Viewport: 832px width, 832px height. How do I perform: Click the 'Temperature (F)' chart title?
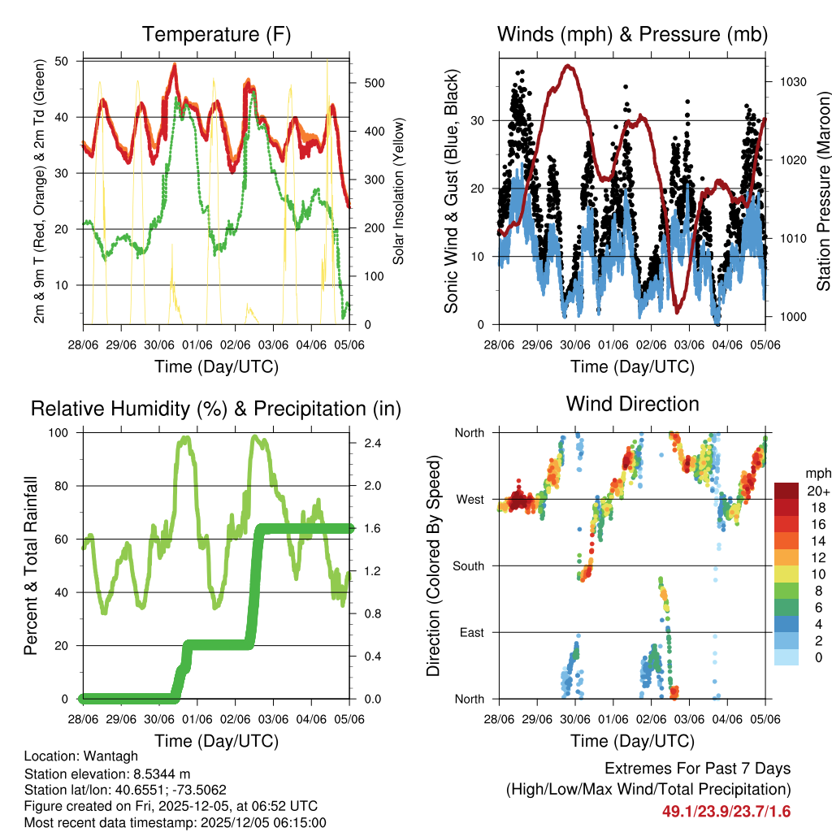[215, 34]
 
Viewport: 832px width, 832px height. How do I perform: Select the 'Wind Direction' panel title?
[632, 404]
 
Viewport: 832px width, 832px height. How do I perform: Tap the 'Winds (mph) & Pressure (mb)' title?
[632, 34]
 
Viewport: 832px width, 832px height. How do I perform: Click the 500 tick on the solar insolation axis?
[375, 83]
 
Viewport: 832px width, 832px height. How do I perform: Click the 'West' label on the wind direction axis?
[470, 500]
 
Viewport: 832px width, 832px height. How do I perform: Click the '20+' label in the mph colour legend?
[817, 491]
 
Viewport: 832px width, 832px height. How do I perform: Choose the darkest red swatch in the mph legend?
[786, 490]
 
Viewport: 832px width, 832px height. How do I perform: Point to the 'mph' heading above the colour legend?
[816, 473]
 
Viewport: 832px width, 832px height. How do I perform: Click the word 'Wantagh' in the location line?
[106, 756]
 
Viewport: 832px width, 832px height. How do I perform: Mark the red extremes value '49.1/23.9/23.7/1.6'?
[726, 812]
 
